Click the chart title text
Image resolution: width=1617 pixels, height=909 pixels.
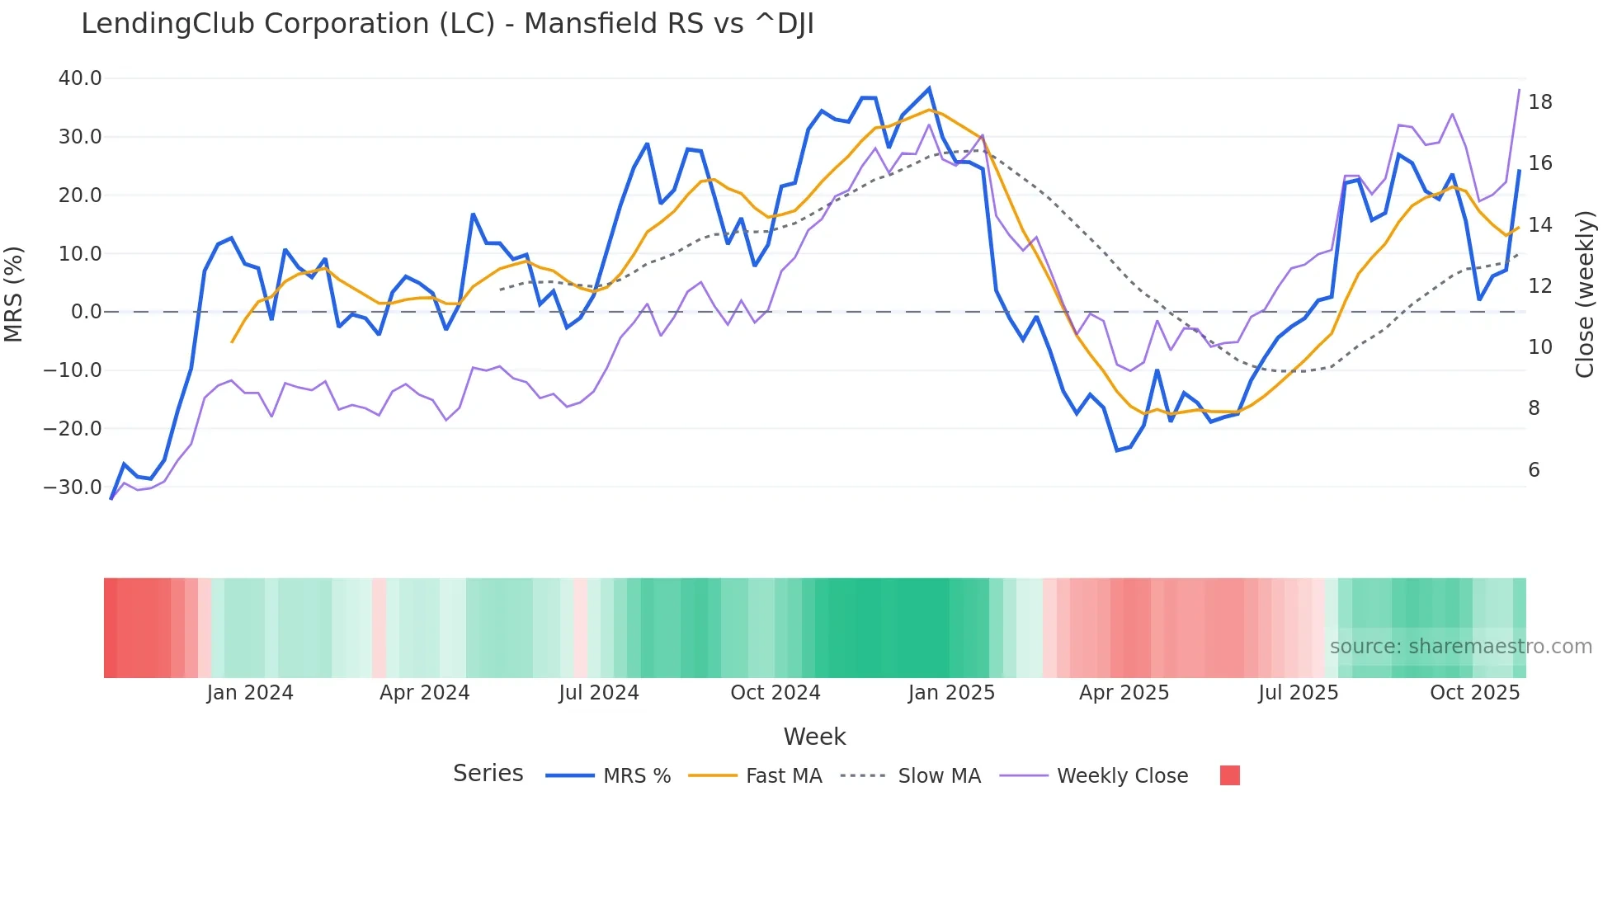click(x=447, y=24)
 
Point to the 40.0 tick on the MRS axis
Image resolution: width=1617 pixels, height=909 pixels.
click(x=80, y=78)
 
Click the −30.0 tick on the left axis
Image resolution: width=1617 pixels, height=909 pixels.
click(x=73, y=487)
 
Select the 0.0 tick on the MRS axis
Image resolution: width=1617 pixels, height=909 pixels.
click(x=86, y=312)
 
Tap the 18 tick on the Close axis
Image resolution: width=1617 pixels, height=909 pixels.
click(x=1539, y=102)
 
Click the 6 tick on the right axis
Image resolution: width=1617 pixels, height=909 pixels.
click(x=1534, y=470)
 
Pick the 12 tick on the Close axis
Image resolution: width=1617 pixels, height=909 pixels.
click(x=1539, y=286)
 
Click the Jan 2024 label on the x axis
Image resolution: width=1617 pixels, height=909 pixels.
click(x=250, y=693)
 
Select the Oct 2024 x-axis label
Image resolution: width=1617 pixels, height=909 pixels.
click(x=775, y=693)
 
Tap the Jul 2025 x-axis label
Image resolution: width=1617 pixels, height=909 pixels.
click(x=1298, y=693)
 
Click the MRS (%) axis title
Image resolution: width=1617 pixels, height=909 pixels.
click(x=14, y=294)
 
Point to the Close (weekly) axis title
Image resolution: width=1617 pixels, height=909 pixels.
click(x=1585, y=294)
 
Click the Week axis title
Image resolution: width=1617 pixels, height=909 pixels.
click(x=814, y=737)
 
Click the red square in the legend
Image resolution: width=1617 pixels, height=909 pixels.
click(x=1229, y=775)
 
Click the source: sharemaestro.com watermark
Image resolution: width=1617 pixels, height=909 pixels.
click(x=1460, y=647)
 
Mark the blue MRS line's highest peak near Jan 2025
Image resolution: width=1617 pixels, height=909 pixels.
click(x=929, y=88)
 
